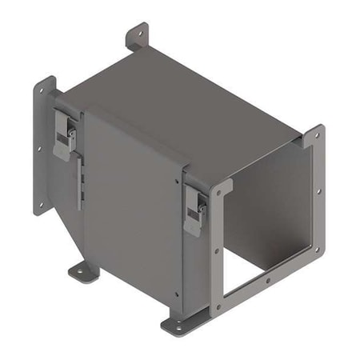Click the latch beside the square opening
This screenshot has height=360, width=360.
tap(194, 210)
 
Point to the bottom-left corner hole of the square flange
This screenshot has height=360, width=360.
tap(217, 307)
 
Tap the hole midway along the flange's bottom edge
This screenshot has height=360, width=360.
tap(268, 281)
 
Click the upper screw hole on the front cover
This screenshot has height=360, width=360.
tap(178, 181)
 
